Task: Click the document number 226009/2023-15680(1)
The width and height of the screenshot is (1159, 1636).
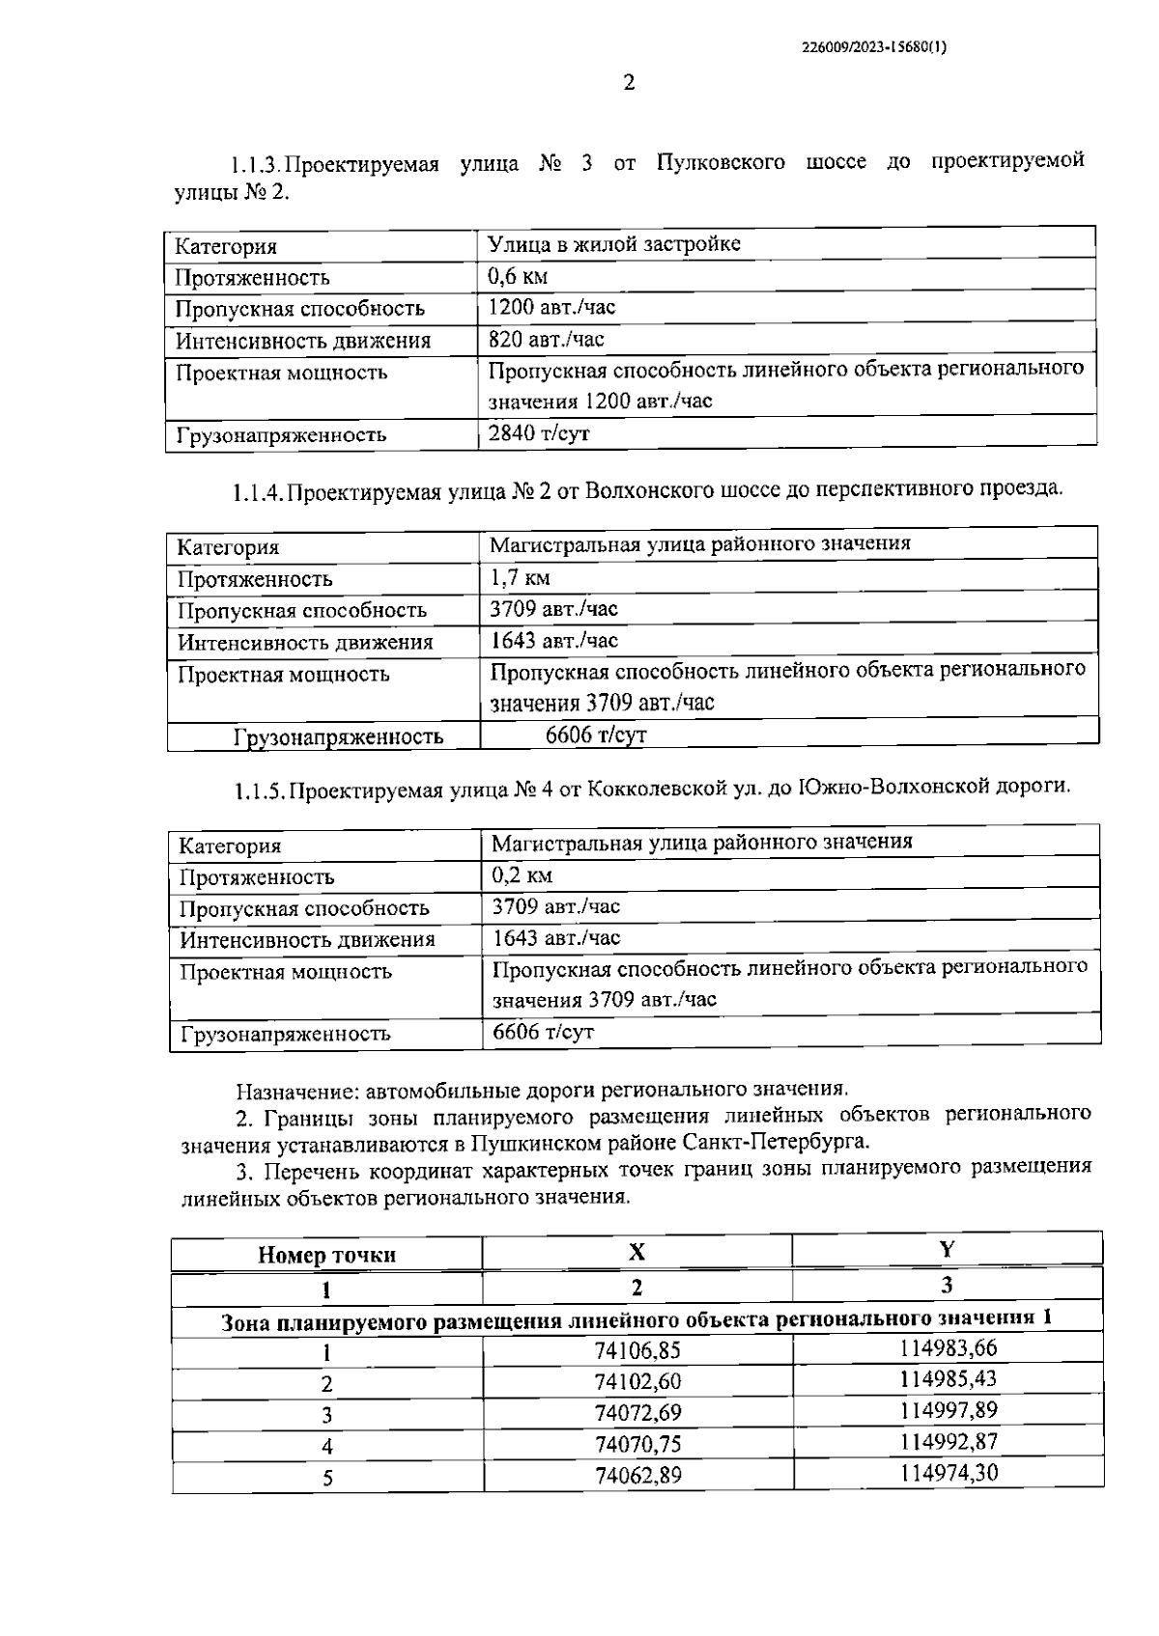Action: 874,45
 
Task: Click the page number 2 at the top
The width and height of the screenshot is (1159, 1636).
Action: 629,83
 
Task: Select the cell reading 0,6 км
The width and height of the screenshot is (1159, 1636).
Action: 519,277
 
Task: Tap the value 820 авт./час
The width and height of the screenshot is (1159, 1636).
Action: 547,339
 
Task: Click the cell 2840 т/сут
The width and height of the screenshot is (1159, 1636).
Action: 539,433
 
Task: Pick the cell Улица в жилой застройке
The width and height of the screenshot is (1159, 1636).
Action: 614,244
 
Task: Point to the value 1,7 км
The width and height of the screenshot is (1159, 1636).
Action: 521,578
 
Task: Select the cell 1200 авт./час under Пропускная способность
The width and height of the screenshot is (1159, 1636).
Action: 551,308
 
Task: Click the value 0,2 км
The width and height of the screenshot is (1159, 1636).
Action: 523,875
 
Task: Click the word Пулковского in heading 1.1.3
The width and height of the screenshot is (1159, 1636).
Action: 721,161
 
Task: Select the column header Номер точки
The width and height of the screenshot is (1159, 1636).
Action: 326,1255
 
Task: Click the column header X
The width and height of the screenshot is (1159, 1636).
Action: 636,1253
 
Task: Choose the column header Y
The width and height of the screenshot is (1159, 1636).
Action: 947,1250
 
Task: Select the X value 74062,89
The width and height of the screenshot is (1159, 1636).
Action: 637,1476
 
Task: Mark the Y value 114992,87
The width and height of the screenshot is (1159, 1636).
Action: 947,1442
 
